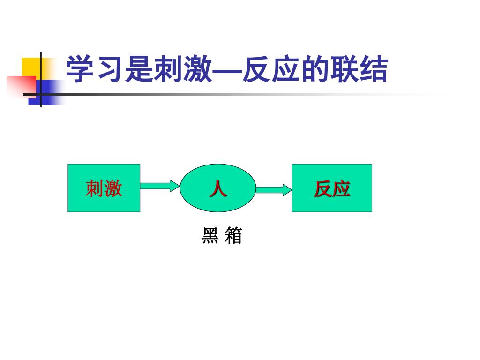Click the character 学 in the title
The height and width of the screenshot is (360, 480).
80,70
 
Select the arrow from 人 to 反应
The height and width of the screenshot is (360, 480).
274,189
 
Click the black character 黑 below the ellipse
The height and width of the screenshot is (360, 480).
210,236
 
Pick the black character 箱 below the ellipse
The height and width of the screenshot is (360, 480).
233,236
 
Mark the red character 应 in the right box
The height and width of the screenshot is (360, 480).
342,189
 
